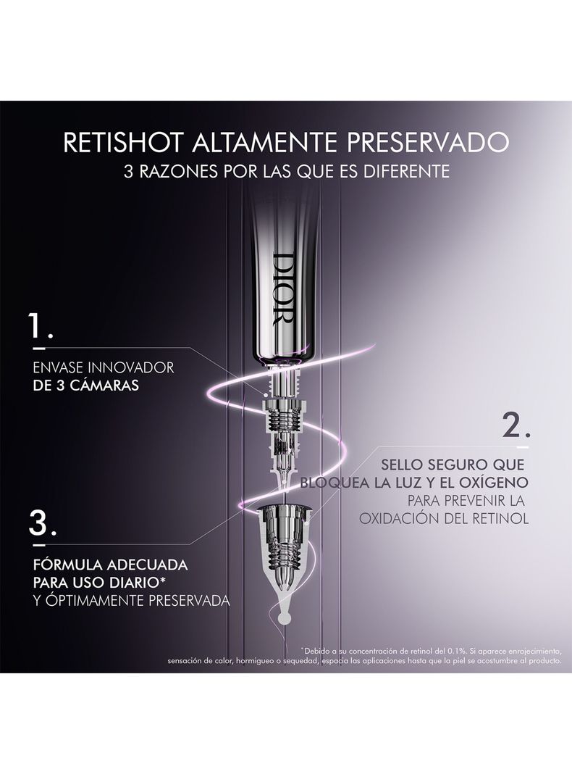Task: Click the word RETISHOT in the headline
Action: pyautogui.click(x=125, y=142)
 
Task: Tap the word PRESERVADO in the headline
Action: pyautogui.click(x=427, y=142)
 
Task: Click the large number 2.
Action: pyautogui.click(x=516, y=425)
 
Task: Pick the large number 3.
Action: pyautogui.click(x=43, y=523)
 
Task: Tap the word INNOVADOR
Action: pyautogui.click(x=131, y=367)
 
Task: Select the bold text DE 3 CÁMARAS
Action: pyautogui.click(x=85, y=386)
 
